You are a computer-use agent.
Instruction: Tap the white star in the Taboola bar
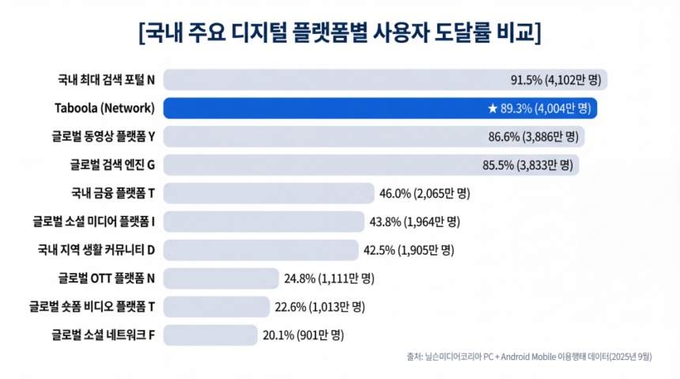click(493, 108)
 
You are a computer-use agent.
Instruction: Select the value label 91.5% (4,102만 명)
click(557, 80)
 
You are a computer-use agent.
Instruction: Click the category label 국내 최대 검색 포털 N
click(106, 80)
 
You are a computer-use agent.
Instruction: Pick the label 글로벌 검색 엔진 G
click(111, 165)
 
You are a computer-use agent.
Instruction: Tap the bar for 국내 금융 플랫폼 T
click(269, 193)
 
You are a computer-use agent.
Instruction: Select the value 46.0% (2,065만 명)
click(425, 193)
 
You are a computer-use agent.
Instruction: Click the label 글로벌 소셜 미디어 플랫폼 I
click(93, 222)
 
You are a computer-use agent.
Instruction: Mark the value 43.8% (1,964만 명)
click(414, 222)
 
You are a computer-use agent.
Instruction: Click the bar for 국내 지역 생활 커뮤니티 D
click(261, 250)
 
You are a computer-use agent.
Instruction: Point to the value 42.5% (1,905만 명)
click(408, 250)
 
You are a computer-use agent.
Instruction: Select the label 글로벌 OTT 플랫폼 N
click(106, 279)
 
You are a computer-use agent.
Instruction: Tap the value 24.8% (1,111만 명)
click(329, 279)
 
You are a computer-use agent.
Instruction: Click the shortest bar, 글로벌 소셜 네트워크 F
click(210, 335)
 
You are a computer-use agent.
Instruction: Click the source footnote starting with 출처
click(530, 357)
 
